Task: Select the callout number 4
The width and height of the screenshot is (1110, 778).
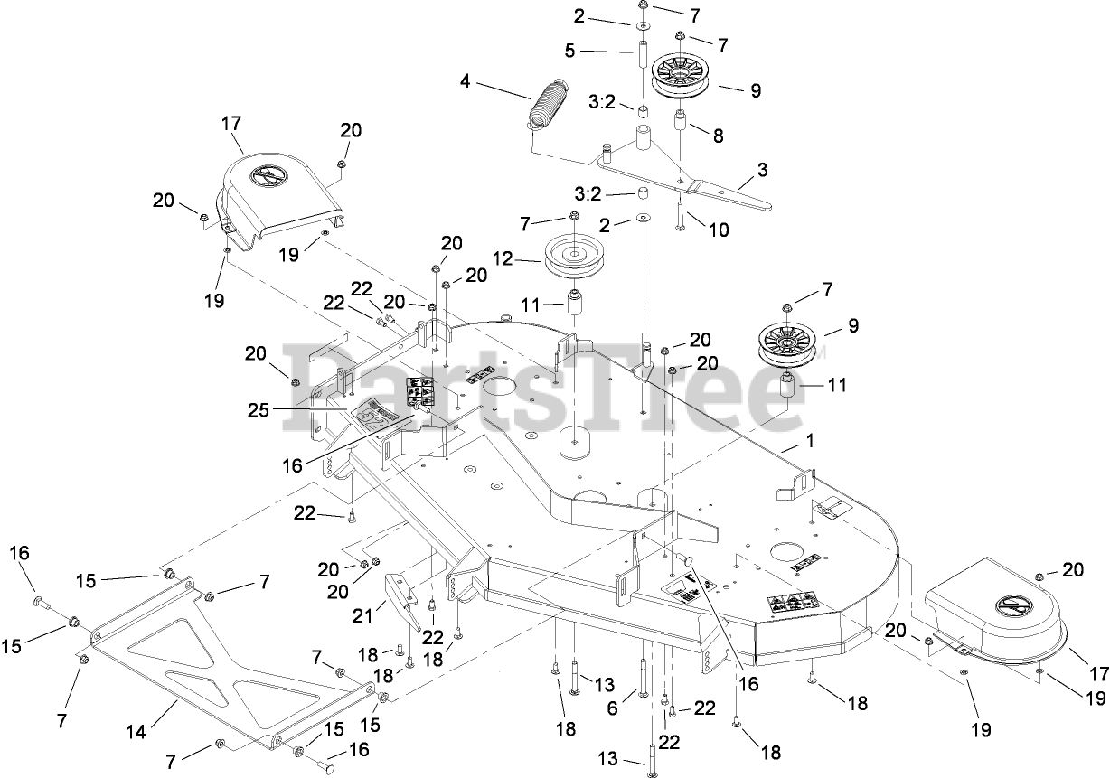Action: coord(466,81)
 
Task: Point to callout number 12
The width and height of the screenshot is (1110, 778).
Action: coord(503,259)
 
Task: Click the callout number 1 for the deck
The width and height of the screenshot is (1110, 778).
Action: coord(810,443)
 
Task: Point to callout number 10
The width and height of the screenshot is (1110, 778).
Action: coord(719,230)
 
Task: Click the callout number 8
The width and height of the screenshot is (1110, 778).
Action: coord(719,136)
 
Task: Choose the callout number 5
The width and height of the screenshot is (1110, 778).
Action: coord(569,52)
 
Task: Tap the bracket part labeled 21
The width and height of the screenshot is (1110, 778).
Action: coord(403,599)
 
